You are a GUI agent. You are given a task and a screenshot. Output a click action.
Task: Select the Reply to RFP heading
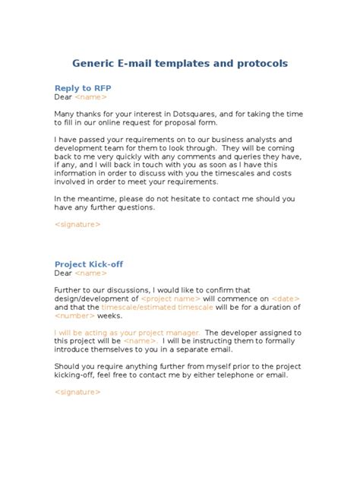(x=84, y=87)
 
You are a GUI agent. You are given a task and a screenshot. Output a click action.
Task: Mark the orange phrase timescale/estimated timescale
(x=165, y=308)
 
